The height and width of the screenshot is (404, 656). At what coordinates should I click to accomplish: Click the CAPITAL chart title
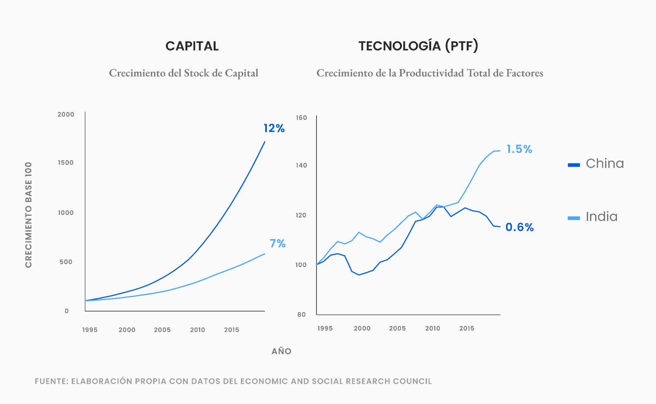[x=192, y=46]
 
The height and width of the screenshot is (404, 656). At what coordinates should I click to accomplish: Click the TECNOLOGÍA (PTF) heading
[x=418, y=46]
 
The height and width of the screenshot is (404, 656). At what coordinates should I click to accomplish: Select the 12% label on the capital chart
[x=274, y=128]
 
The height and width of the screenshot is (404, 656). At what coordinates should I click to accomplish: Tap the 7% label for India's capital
[x=278, y=243]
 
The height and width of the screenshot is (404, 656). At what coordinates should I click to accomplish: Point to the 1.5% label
[x=519, y=149]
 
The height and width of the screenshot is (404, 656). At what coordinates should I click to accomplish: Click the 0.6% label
[x=519, y=227]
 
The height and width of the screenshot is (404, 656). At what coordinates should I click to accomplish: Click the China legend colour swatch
[x=574, y=165]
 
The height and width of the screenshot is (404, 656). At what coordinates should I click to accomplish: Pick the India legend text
[x=602, y=217]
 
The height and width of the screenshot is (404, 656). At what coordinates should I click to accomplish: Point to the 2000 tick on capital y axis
[x=66, y=114]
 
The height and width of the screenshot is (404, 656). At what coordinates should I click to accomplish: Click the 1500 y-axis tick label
[x=66, y=163]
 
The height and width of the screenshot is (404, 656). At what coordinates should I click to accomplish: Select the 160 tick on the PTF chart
[x=301, y=118]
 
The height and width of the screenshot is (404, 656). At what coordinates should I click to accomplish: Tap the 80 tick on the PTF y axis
[x=301, y=315]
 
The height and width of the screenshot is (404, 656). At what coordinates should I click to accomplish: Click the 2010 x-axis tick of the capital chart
[x=198, y=330]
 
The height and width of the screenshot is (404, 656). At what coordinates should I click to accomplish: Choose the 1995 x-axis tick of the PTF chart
[x=325, y=328]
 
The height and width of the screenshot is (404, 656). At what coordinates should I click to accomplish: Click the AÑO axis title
[x=281, y=351]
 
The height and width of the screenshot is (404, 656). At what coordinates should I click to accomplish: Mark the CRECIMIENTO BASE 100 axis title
[x=29, y=215]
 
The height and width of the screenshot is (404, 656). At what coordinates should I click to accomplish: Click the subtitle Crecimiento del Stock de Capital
[x=183, y=73]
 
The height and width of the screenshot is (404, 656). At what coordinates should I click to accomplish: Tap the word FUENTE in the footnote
[x=51, y=381]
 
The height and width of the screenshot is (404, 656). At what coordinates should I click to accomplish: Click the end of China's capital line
[x=265, y=142]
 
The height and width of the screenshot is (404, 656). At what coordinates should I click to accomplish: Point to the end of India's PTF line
[x=500, y=151]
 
